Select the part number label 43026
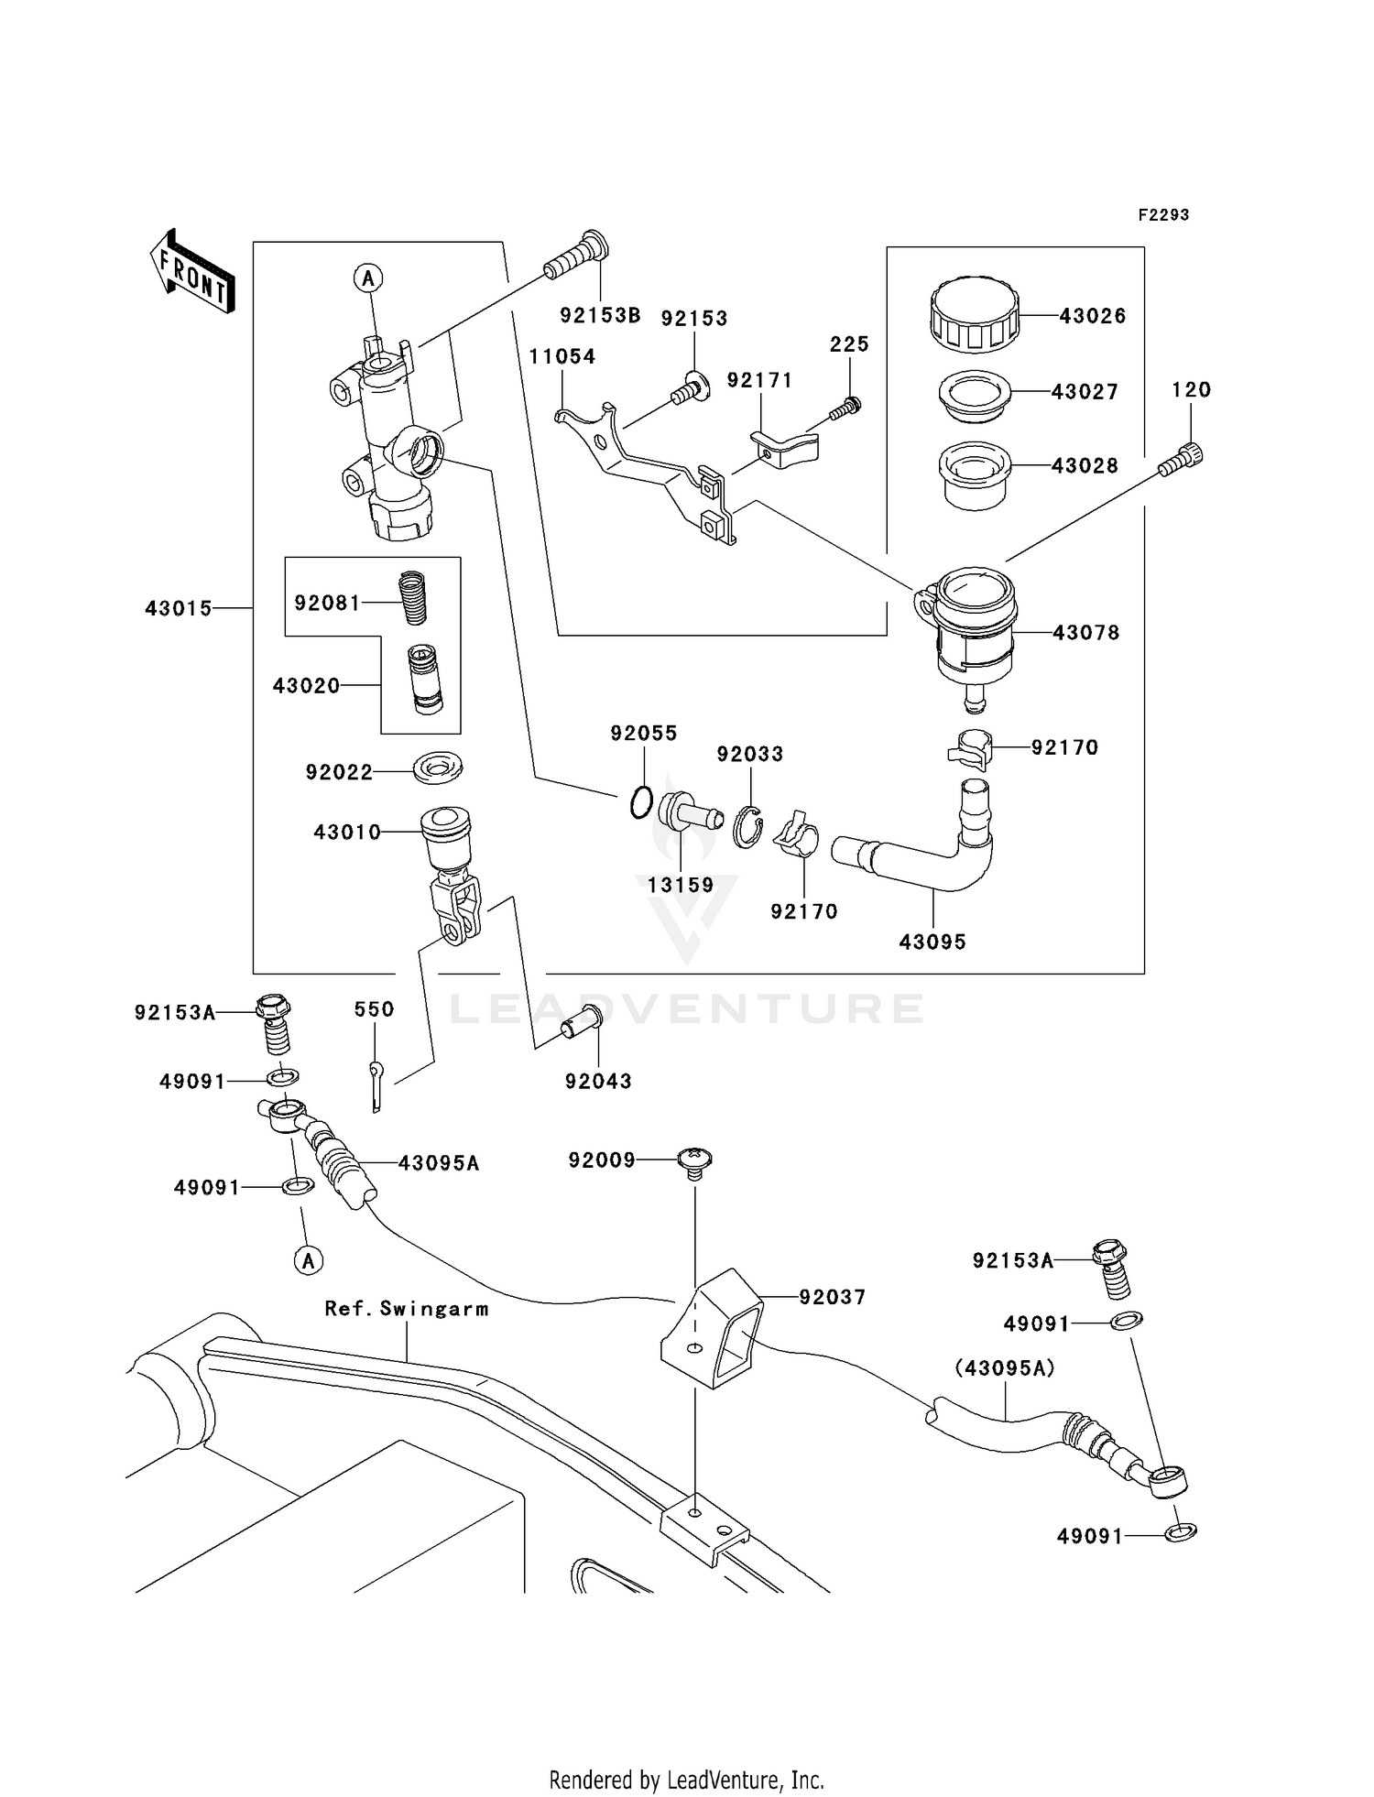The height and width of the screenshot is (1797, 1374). click(1092, 316)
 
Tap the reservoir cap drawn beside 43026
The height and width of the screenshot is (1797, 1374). click(974, 316)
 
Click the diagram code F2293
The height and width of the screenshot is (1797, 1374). click(1163, 215)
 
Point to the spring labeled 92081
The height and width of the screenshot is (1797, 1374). click(415, 597)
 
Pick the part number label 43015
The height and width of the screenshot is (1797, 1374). click(178, 608)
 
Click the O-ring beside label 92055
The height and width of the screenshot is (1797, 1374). click(641, 803)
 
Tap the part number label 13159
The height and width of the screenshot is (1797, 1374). click(680, 885)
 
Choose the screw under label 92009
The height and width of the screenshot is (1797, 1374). click(696, 1161)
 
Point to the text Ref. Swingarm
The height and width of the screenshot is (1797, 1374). click(407, 1309)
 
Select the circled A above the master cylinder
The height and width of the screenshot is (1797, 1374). click(368, 278)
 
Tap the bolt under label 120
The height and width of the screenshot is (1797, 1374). click(1182, 460)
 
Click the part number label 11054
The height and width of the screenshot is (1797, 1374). click(562, 356)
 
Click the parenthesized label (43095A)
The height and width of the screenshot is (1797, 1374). click(1004, 1368)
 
